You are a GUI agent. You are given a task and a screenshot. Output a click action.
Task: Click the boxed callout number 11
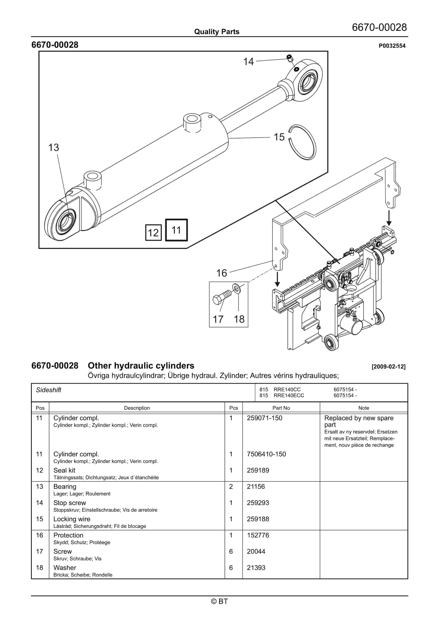pos(176,230)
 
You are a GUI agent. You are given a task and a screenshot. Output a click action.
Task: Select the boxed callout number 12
pos(153,233)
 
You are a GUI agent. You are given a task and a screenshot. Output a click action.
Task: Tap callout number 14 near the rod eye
pos(248,62)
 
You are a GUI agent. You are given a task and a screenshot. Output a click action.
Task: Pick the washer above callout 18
pos(236,289)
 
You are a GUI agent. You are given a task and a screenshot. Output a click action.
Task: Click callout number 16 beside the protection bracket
pos(221,273)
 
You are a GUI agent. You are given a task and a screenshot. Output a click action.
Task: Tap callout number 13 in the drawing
pos(54,148)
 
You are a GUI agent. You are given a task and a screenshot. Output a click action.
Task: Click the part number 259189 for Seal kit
pos(258,470)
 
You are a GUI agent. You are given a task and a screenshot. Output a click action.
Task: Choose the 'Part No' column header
pos(281,408)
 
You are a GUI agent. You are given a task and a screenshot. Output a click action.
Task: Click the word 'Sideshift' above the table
pos(49,390)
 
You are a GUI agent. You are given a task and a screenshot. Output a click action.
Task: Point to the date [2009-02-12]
pos(388,367)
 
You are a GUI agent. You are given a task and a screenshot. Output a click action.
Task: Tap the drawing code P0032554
pos(392,46)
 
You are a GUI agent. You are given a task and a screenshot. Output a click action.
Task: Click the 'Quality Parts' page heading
pos(217,32)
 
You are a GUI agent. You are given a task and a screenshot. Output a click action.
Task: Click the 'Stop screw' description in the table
pos(70,503)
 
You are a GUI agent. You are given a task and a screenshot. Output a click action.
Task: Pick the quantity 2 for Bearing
pos(231,487)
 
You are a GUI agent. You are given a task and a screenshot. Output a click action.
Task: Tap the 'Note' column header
pos(364,408)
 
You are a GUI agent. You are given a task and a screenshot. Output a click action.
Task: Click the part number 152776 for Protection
pos(258,535)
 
